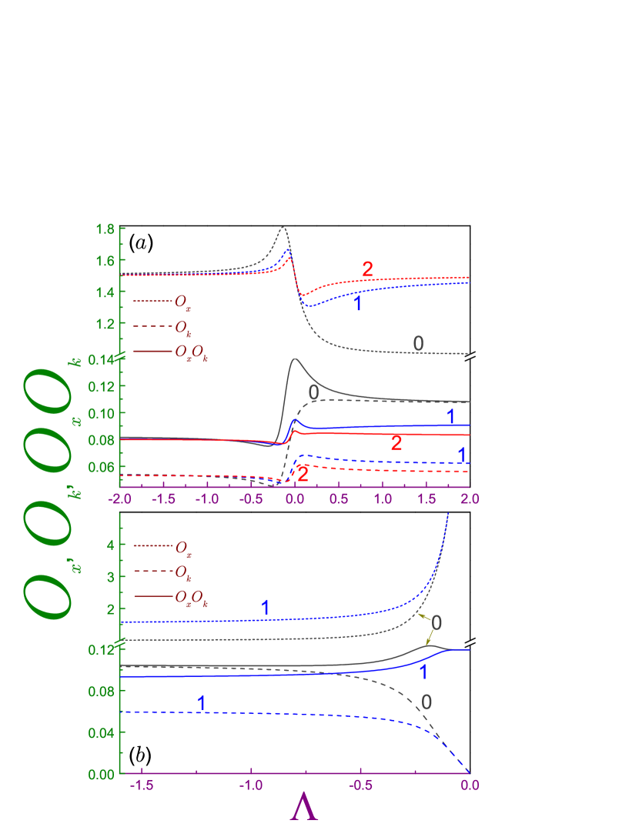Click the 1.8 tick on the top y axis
105,229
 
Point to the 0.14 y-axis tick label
102,359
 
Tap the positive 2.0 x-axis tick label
470,499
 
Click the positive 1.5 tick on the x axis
426,499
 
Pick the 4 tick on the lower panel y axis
110,545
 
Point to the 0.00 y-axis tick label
102,773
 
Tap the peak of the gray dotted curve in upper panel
283,227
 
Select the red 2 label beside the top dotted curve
367,269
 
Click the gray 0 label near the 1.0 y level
418,344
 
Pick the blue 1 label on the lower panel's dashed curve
201,703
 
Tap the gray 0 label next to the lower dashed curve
426,702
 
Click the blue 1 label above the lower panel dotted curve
265,608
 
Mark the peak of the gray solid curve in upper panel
294,358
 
